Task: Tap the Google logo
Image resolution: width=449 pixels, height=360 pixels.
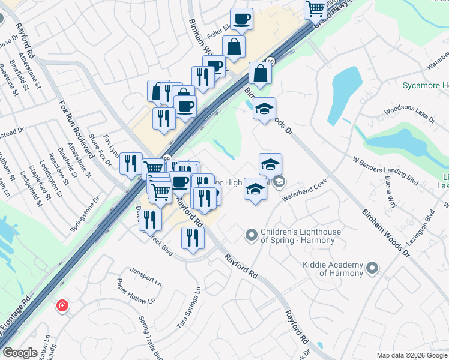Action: pos(20,353)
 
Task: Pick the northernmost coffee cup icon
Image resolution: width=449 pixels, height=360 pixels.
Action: pos(241,19)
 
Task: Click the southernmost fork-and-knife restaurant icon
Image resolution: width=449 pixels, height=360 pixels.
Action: pos(193,238)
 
